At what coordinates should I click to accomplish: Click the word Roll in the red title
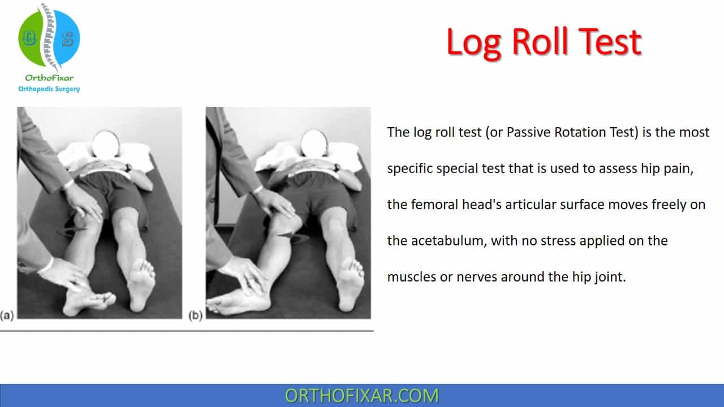click(540, 42)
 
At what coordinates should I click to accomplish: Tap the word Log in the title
click(474, 44)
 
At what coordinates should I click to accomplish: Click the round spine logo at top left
click(49, 38)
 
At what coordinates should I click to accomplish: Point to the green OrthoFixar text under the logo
click(49, 78)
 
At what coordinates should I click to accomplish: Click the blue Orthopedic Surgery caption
click(49, 89)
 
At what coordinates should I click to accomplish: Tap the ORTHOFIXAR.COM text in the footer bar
click(361, 396)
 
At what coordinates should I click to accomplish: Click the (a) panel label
click(7, 315)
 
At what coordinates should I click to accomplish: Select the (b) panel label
click(195, 315)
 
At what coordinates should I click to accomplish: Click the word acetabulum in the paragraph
click(449, 241)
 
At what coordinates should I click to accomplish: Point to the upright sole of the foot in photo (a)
click(141, 284)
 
